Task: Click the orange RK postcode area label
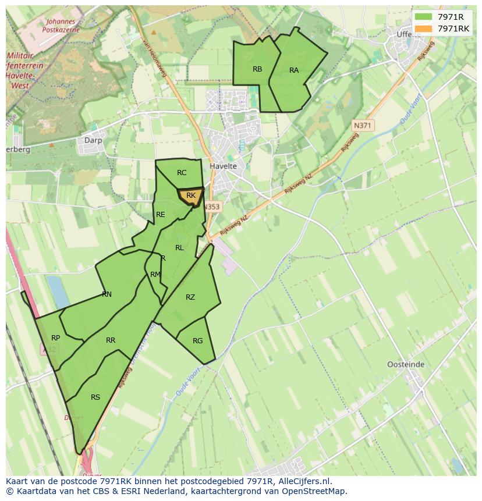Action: click(x=191, y=196)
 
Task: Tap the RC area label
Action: click(x=182, y=173)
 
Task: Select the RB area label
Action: click(x=257, y=69)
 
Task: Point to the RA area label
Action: click(x=294, y=70)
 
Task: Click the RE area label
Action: click(x=161, y=215)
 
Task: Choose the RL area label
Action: click(x=179, y=248)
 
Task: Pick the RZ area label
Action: click(x=190, y=297)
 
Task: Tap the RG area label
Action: click(x=197, y=341)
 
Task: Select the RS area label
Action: click(x=95, y=397)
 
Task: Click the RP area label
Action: click(x=56, y=338)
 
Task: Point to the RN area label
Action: click(x=107, y=294)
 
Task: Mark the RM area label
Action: click(x=155, y=275)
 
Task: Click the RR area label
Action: click(x=111, y=340)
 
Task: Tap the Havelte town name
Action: click(x=223, y=166)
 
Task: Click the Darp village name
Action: click(x=93, y=140)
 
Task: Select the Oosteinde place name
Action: click(x=406, y=365)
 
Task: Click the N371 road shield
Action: click(x=363, y=125)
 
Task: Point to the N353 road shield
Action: click(x=214, y=207)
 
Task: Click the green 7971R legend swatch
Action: click(x=423, y=17)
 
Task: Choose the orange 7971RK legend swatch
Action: click(x=423, y=29)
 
